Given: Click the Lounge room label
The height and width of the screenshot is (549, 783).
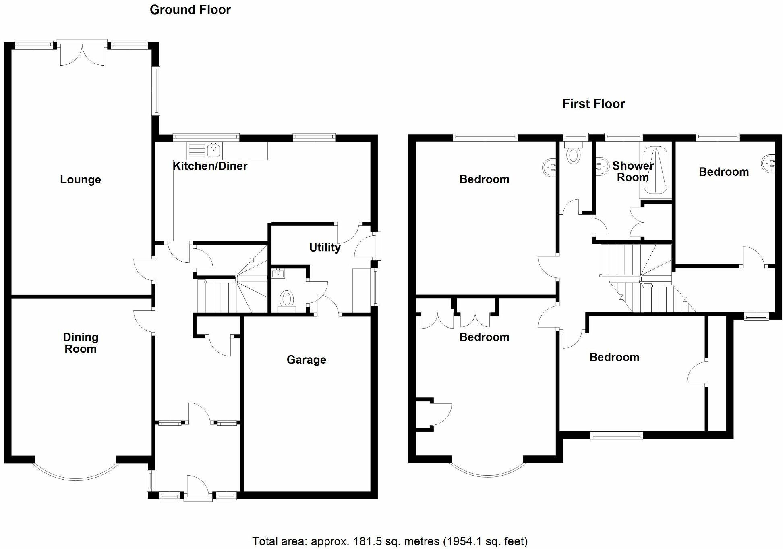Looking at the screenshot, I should (80, 180).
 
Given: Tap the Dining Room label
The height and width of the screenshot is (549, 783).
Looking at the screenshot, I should (81, 343).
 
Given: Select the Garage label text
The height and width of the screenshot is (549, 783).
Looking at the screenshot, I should (306, 360).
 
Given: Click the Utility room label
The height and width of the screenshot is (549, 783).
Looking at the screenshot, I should (325, 247).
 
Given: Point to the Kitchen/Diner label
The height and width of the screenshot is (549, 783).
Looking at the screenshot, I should (210, 166).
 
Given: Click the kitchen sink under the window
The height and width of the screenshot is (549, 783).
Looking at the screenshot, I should (213, 151).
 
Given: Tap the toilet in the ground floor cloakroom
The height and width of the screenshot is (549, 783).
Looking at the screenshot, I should (287, 300).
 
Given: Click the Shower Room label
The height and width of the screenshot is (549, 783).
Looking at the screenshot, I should (633, 171).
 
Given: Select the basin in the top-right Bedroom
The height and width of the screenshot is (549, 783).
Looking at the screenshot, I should (769, 164).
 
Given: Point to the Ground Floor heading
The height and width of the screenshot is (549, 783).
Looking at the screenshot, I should (190, 10).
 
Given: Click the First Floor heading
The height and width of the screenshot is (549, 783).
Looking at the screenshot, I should (593, 104).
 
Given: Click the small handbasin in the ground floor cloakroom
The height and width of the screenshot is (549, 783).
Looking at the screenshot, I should (278, 274).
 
